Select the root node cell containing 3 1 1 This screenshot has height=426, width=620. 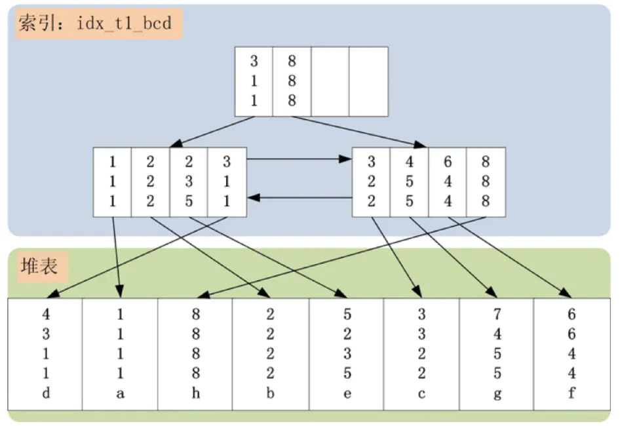(x=254, y=81)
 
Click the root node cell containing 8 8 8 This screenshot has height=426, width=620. (x=292, y=81)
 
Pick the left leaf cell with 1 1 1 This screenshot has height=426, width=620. (x=113, y=182)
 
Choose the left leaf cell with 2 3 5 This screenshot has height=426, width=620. (x=189, y=182)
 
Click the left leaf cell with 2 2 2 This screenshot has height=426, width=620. (x=150, y=182)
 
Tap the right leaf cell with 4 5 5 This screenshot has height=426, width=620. (x=410, y=182)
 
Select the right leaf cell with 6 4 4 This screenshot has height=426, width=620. (x=448, y=182)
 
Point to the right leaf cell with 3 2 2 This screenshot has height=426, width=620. (x=372, y=182)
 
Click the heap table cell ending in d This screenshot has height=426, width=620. (x=45, y=354)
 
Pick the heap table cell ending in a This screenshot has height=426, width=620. (x=120, y=354)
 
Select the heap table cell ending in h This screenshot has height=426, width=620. (x=195, y=354)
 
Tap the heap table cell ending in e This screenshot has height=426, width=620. (x=346, y=354)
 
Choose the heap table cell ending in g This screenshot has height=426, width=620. (x=497, y=354)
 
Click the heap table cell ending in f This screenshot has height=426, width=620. (x=572, y=354)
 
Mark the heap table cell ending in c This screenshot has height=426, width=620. (x=421, y=354)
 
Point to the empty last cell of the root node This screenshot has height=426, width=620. (x=368, y=81)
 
